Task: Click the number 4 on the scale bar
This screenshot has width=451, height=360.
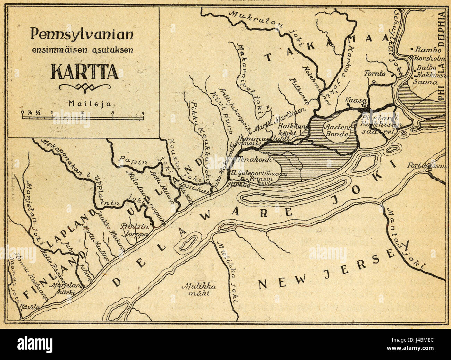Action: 143,112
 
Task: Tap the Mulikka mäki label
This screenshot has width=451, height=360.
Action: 199,290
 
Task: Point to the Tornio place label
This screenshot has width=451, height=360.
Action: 374,74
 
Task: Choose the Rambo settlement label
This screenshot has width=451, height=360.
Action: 425,50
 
